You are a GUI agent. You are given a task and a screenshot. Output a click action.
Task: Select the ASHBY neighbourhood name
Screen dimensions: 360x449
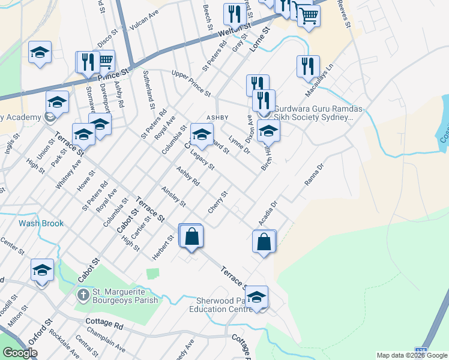tap(218, 117)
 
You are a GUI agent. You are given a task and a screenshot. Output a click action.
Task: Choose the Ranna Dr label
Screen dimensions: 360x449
tap(314, 173)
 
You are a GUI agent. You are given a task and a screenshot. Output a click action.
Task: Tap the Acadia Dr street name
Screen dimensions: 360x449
tap(268, 214)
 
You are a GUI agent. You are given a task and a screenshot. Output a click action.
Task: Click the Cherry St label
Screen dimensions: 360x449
tap(218, 202)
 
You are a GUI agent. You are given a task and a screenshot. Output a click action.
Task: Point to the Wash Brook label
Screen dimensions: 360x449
tap(41, 223)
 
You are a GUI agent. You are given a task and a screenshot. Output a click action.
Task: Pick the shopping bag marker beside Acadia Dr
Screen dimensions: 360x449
tap(264, 242)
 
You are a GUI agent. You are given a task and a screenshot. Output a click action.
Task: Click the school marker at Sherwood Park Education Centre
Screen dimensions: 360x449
tap(256, 298)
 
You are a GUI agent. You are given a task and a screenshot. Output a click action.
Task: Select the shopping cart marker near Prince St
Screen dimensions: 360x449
tap(106, 61)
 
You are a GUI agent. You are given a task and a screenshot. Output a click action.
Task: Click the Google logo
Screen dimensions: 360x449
tap(19, 353)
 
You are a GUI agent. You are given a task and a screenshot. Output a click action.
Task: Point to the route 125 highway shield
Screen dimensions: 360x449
tap(423, 349)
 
